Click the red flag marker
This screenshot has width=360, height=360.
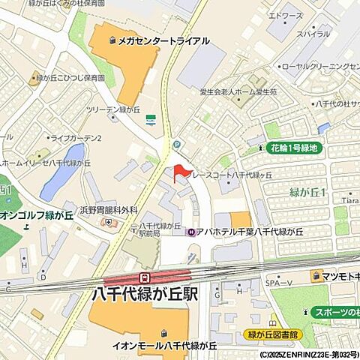[179, 172]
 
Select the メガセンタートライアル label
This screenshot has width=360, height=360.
[162, 41]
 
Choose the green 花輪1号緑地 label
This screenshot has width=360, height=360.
[293, 148]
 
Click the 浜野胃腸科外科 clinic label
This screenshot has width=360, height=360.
[110, 210]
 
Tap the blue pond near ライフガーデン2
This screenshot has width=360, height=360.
[63, 172]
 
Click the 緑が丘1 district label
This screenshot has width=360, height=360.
[307, 193]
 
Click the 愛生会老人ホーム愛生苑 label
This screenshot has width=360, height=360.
[238, 91]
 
